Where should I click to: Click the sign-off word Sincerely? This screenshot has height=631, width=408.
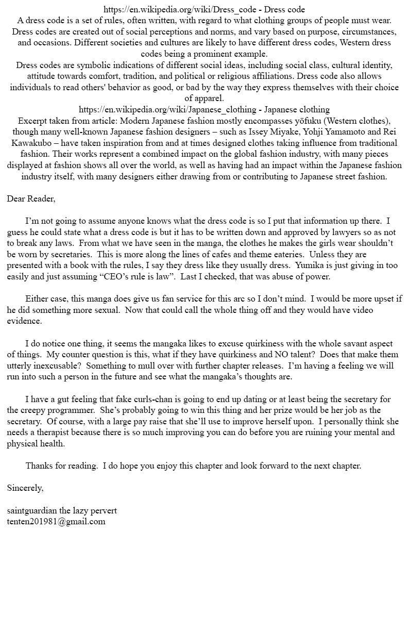click(x=25, y=488)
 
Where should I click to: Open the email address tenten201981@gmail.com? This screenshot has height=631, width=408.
click(x=56, y=521)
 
